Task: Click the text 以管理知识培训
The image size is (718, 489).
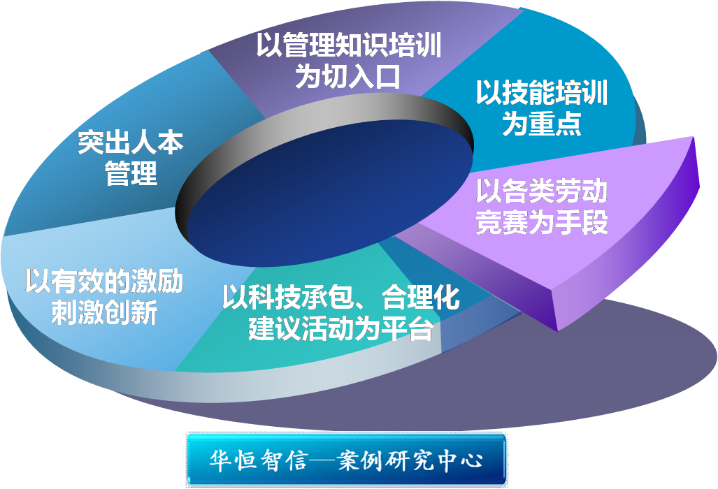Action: point(348,45)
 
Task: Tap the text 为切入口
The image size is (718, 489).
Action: point(348,75)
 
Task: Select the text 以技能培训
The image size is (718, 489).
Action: point(542,92)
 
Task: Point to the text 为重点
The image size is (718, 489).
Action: point(542,123)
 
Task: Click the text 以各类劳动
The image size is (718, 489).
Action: point(542,191)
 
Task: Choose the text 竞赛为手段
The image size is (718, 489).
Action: point(542,222)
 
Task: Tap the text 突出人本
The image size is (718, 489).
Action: point(131,143)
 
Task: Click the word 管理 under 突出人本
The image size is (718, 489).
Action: point(131,173)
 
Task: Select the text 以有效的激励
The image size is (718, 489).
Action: point(104,281)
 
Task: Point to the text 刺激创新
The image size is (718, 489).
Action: point(104,312)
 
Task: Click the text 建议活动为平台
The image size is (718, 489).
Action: point(340,328)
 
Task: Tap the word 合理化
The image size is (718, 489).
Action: point(421,297)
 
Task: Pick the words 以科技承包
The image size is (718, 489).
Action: point(287,297)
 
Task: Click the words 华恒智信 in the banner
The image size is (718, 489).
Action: point(257,460)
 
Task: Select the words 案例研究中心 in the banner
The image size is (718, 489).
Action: point(410,460)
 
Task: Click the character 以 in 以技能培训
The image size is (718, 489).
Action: point(489,92)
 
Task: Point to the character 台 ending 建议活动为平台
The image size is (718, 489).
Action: point(420,328)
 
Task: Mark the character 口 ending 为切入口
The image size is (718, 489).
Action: point(388,75)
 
